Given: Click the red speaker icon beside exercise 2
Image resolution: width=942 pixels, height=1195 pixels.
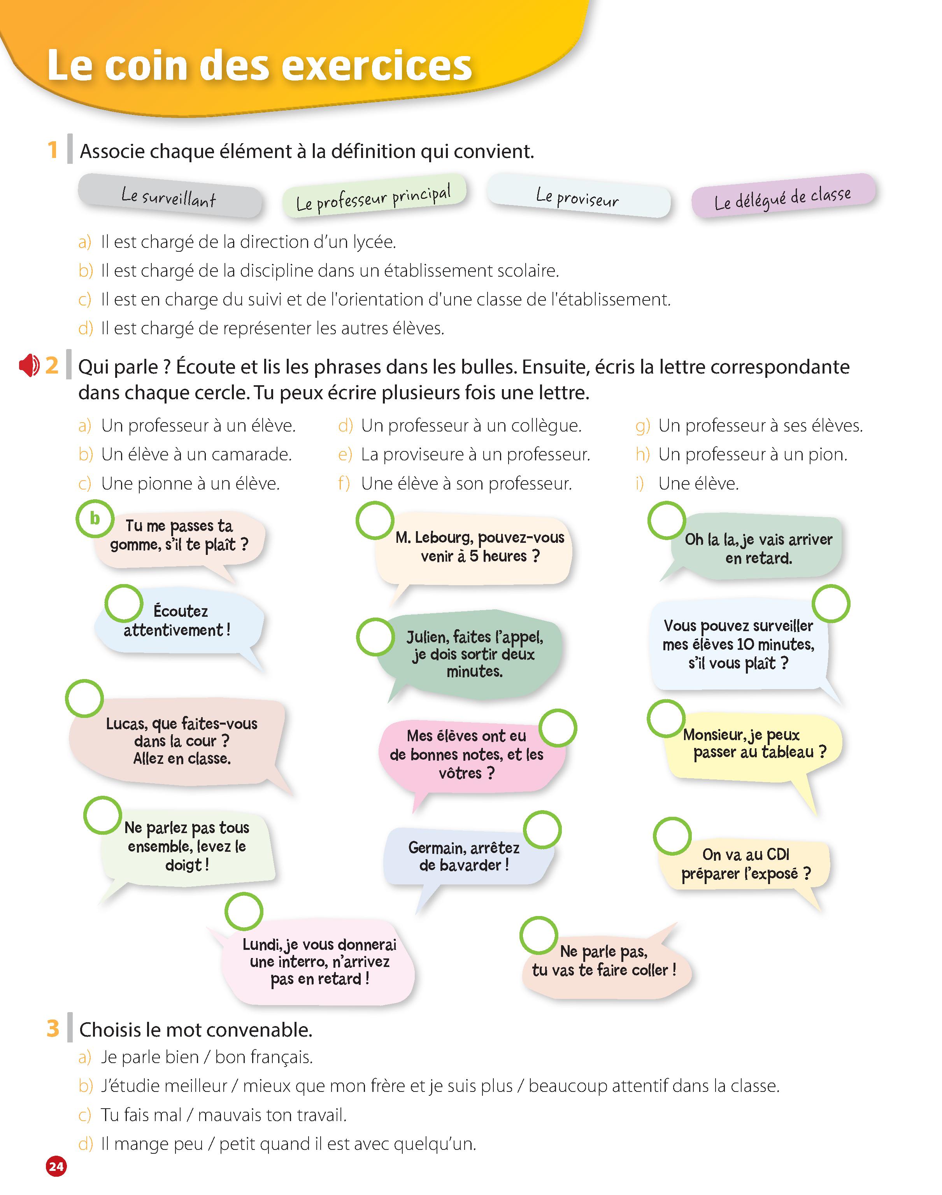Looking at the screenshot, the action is pos(29,366).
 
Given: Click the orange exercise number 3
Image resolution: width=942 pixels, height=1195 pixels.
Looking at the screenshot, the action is pos(53,1028).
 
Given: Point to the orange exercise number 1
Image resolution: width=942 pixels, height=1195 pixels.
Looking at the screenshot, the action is pos(53,150).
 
